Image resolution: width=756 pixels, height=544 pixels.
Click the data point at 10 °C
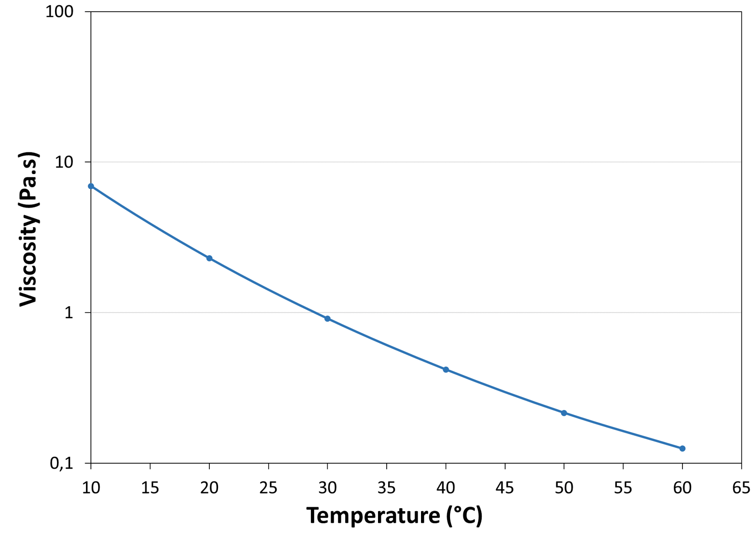(x=91, y=186)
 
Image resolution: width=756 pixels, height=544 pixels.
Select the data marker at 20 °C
(x=209, y=258)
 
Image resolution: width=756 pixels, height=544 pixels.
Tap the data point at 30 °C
(x=328, y=319)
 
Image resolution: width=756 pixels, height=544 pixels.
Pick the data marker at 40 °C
(x=446, y=369)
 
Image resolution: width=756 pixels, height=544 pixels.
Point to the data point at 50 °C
(x=564, y=413)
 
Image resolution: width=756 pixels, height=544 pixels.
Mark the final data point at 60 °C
(x=683, y=449)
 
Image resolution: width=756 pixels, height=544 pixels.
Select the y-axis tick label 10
(x=64, y=162)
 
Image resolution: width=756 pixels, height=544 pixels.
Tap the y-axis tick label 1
(x=69, y=313)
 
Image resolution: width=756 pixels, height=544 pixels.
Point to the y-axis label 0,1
(x=61, y=463)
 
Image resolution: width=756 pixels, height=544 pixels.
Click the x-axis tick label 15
(x=150, y=488)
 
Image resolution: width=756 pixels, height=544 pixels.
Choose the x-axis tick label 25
(x=268, y=488)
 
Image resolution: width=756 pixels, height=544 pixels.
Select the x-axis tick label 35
(x=387, y=488)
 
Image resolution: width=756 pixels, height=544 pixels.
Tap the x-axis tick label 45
(x=505, y=488)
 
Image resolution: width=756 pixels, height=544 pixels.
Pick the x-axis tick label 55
(x=623, y=488)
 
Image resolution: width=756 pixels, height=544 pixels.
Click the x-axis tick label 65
(x=741, y=488)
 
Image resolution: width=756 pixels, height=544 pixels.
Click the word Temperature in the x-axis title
(x=373, y=516)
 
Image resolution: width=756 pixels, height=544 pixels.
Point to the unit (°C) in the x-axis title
(x=464, y=516)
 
